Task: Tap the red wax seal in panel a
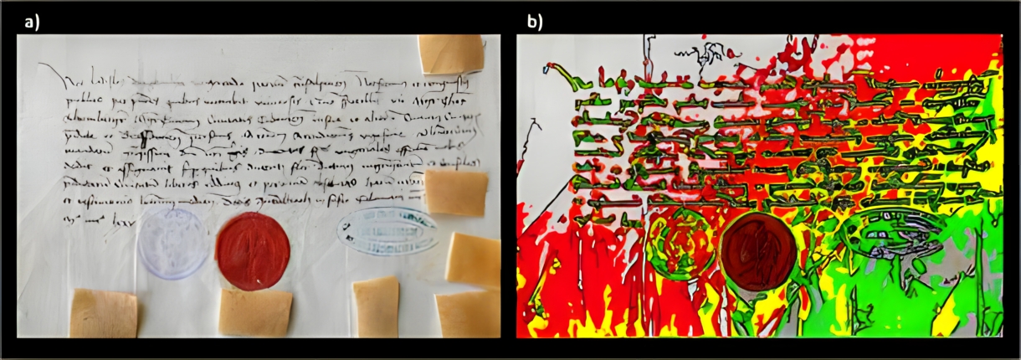tap(253, 251)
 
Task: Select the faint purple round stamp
tap(172, 243)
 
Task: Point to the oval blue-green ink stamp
tap(387, 231)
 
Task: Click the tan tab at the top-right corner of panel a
tap(451, 54)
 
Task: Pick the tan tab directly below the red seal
tap(255, 312)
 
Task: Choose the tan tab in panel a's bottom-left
tap(103, 312)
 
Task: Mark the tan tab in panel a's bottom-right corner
tap(467, 313)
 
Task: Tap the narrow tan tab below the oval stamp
tap(375, 307)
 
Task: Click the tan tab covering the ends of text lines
tap(456, 192)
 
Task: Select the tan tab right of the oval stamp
tap(473, 260)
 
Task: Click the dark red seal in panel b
tap(758, 251)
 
